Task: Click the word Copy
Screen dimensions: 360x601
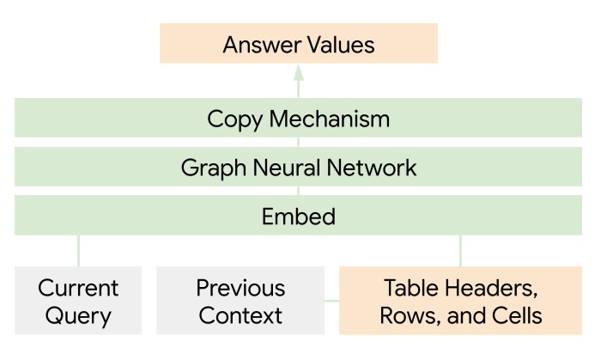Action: [234, 119]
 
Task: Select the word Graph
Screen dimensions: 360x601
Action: [209, 168]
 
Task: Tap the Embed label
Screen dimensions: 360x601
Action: [299, 216]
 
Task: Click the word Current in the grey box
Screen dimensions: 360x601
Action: [78, 288]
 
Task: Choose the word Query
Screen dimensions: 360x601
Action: [78, 315]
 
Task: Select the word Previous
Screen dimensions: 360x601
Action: [240, 288]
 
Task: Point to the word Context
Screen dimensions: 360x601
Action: [240, 315]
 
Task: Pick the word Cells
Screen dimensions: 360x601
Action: [513, 315]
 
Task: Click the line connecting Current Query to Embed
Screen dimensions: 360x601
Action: [78, 250]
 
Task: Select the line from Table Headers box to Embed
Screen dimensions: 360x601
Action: [460, 250]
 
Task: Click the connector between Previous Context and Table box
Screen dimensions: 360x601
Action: [332, 301]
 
